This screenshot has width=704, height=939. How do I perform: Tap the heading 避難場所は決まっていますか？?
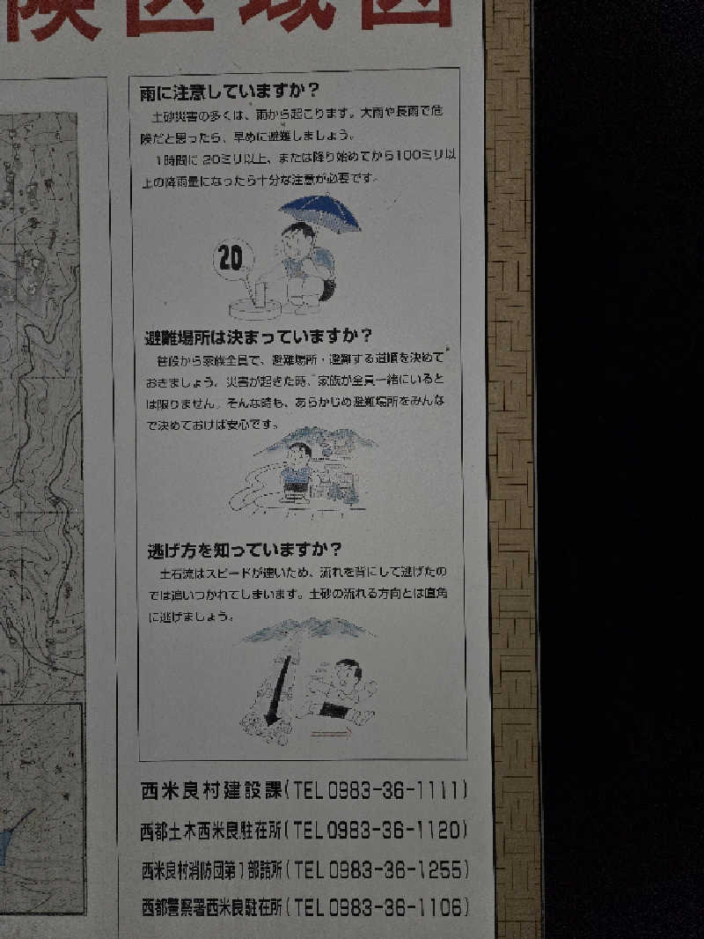pyautogui.click(x=259, y=336)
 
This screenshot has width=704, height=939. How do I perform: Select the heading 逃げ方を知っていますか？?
pyautogui.click(x=244, y=551)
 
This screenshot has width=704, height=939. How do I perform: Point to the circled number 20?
pyautogui.click(x=231, y=259)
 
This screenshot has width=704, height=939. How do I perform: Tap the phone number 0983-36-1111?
pyautogui.click(x=397, y=790)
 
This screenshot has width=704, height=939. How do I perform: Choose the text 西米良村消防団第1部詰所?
pyautogui.click(x=212, y=871)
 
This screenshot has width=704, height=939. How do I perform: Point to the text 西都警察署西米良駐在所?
pyautogui.click(x=212, y=907)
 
